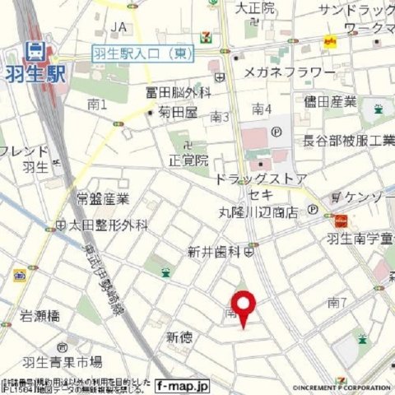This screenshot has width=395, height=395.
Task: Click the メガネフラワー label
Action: [x=289, y=72]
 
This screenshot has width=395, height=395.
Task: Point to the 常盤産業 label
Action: [x=104, y=199]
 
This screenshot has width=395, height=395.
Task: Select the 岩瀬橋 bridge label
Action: [x=40, y=314]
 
